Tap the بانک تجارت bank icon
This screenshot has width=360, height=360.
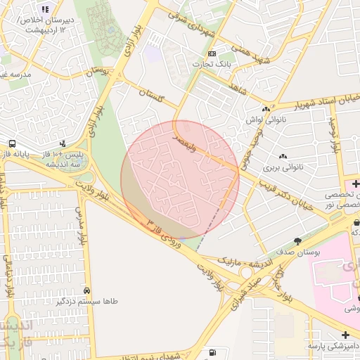[212, 54]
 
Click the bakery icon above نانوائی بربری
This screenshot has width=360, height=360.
[283, 157]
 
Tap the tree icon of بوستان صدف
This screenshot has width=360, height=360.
[298, 240]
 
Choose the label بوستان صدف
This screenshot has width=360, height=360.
[297, 250]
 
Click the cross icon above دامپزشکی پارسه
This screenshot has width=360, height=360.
[345, 335]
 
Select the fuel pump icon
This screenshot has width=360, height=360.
[212, 352]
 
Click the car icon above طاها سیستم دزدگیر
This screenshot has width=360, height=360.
[86, 290]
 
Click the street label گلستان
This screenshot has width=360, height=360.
[151, 95]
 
